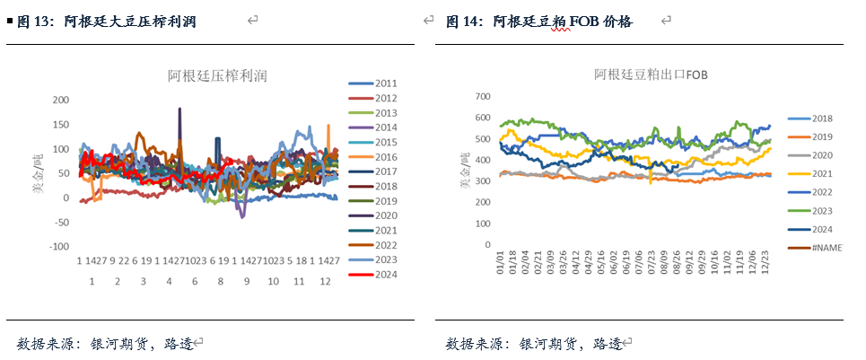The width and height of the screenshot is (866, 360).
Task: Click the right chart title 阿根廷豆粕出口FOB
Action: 651,75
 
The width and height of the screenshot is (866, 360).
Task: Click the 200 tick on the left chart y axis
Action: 60,100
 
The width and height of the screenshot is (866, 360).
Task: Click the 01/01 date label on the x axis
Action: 500,265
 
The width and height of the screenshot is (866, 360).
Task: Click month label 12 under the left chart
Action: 324,281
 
